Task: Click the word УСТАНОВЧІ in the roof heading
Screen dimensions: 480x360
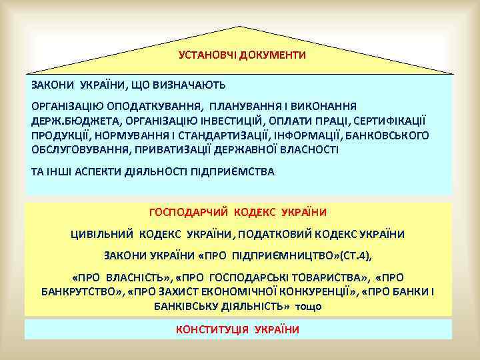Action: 203,55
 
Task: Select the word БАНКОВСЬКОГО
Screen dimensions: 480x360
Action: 385,135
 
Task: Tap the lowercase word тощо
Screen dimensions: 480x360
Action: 308,307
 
